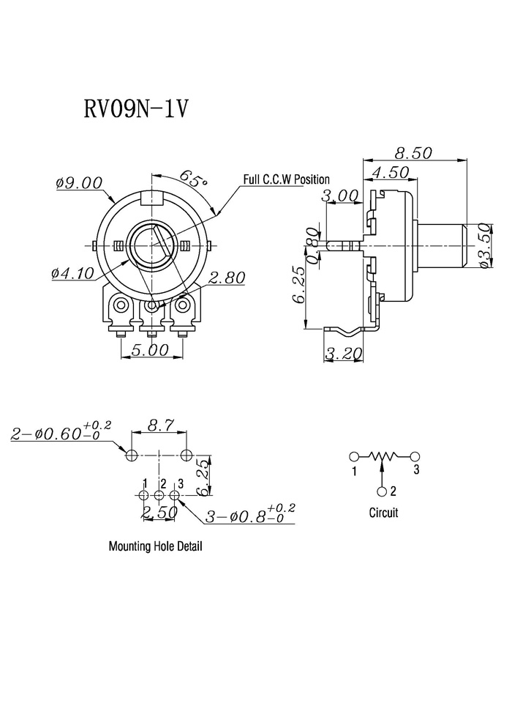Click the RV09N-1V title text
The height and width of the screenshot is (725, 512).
(x=136, y=109)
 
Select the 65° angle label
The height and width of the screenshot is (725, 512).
(x=192, y=178)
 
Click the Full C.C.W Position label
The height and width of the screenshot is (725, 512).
(x=286, y=179)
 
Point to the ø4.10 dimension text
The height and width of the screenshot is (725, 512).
(x=73, y=273)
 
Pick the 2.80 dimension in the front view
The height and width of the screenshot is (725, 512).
(x=227, y=278)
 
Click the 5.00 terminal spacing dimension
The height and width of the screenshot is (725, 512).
(x=151, y=349)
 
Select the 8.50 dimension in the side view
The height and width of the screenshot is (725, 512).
(x=414, y=152)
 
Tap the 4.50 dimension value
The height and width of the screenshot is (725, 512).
(x=391, y=172)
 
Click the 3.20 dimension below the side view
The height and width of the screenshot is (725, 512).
(x=344, y=354)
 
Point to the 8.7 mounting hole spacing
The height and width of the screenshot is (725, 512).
(x=159, y=424)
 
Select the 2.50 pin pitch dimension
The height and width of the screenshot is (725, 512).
(x=159, y=511)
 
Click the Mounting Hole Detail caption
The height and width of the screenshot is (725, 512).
(x=156, y=546)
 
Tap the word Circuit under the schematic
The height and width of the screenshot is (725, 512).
(x=383, y=513)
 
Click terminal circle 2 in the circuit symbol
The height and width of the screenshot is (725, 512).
(x=381, y=491)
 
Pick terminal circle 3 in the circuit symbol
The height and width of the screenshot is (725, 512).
(x=414, y=456)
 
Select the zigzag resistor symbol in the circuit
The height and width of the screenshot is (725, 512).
(x=383, y=457)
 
